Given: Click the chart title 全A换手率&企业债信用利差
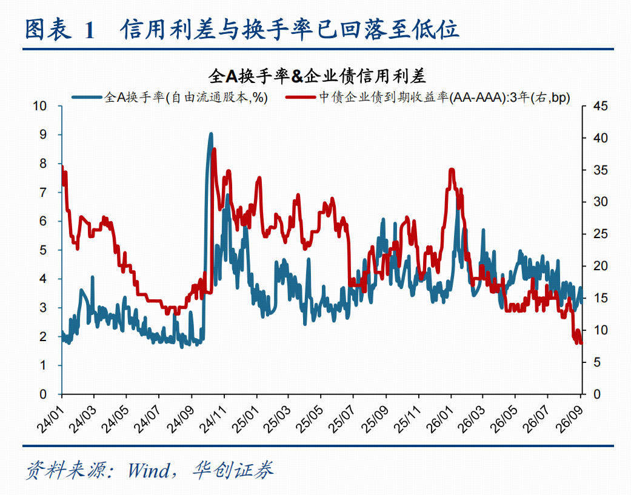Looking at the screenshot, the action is click(316, 76).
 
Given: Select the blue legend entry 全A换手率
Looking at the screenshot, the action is click(170, 97).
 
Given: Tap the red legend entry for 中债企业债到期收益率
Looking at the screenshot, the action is click(427, 97).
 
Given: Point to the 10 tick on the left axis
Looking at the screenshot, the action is click(40, 106).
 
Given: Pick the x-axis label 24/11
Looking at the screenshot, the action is click(213, 419).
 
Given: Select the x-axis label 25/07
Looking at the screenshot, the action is click(342, 419).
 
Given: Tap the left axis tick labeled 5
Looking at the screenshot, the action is click(43, 250).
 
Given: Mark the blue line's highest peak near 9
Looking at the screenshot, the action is click(211, 134).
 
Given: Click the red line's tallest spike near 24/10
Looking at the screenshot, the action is click(214, 150).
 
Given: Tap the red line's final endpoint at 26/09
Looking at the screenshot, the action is click(581, 342).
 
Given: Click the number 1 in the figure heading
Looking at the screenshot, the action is click(89, 30).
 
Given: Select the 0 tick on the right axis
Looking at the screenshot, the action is click(597, 394).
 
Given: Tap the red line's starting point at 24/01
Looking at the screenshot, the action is click(62, 165).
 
